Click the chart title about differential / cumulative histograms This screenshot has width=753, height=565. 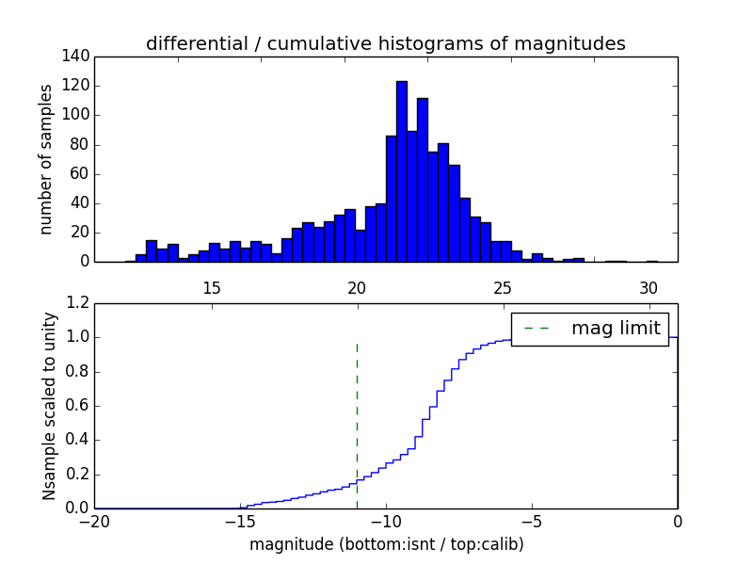pos(385,43)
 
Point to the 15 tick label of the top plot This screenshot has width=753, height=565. pos(211,287)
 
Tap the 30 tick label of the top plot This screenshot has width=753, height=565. pos(648,287)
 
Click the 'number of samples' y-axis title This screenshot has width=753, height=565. pos(46,159)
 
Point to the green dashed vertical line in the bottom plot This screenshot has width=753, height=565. pos(357,424)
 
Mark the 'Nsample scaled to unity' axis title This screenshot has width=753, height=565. pos(50,406)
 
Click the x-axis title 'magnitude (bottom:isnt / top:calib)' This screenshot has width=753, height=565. pos(386,544)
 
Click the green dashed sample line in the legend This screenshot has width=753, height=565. pos(537,329)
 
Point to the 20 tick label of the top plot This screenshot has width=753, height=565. pos(357,287)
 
